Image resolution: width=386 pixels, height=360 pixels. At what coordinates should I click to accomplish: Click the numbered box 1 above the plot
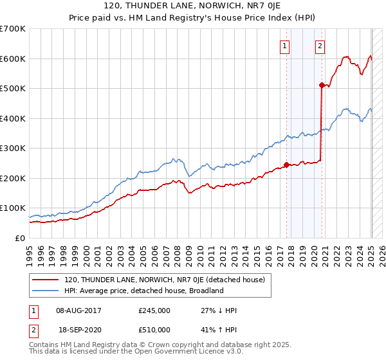coord(284,45)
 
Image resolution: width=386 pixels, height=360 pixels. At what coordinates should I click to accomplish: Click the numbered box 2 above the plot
coord(320,45)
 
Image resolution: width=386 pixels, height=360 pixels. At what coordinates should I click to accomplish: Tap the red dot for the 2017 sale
coord(286,164)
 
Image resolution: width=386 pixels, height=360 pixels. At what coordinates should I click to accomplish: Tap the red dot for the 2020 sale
coord(322,84)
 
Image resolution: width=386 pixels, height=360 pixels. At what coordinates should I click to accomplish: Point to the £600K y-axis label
coord(12,59)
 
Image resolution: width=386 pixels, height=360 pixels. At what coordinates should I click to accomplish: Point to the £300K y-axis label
coord(12,148)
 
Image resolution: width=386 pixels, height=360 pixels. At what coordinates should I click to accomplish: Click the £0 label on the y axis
coord(20,238)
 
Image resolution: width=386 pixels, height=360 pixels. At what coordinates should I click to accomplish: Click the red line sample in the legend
coord(46,280)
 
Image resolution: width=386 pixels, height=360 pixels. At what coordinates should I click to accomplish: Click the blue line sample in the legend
coord(46,291)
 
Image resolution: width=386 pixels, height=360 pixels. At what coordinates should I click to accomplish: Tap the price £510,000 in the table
coord(154,330)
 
